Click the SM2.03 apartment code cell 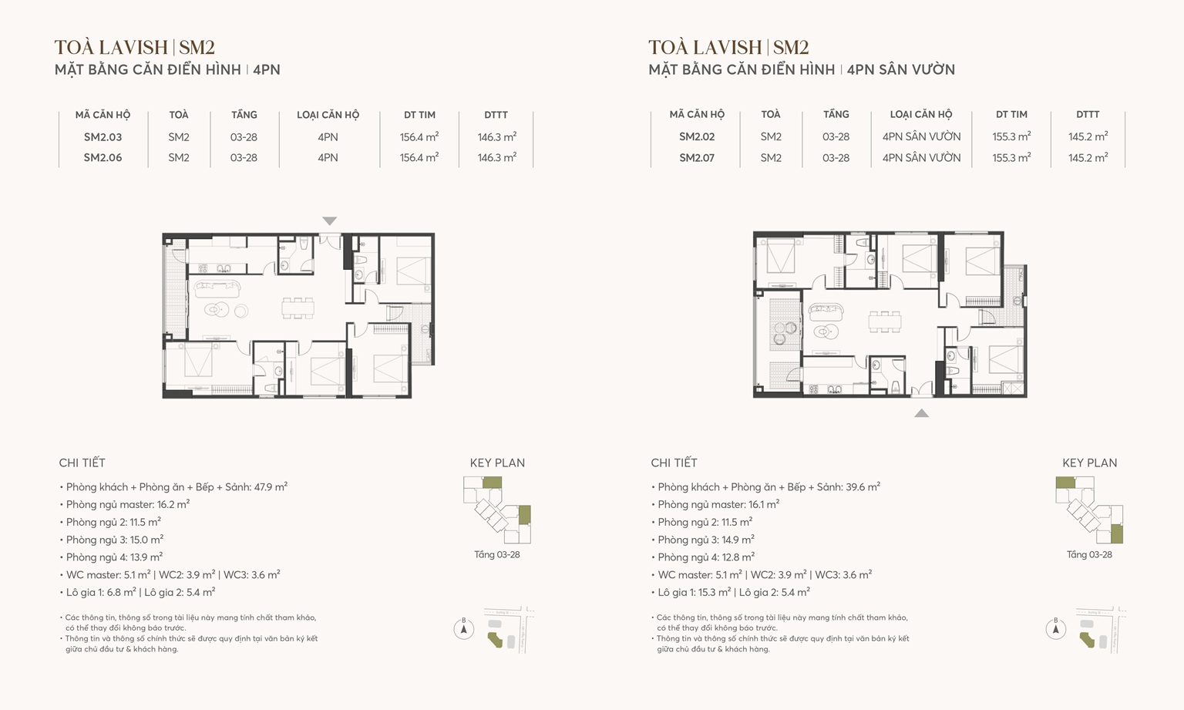pos(103,137)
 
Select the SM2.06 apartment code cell pos(103,158)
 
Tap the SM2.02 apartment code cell pos(697,137)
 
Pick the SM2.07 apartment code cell pos(697,158)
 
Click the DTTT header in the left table pos(496,115)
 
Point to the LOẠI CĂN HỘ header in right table pos(921,115)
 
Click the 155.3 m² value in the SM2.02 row pos(1011,137)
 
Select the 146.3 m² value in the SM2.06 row pos(496,158)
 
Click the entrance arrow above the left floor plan pos(330,221)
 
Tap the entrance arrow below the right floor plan pos(921,413)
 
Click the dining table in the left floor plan pos(298,308)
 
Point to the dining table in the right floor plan pos(884,321)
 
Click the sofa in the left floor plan pos(217,289)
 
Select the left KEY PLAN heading pos(497,463)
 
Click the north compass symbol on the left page pos(463,629)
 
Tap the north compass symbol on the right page pos(1055,629)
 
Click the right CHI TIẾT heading pos(674,463)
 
